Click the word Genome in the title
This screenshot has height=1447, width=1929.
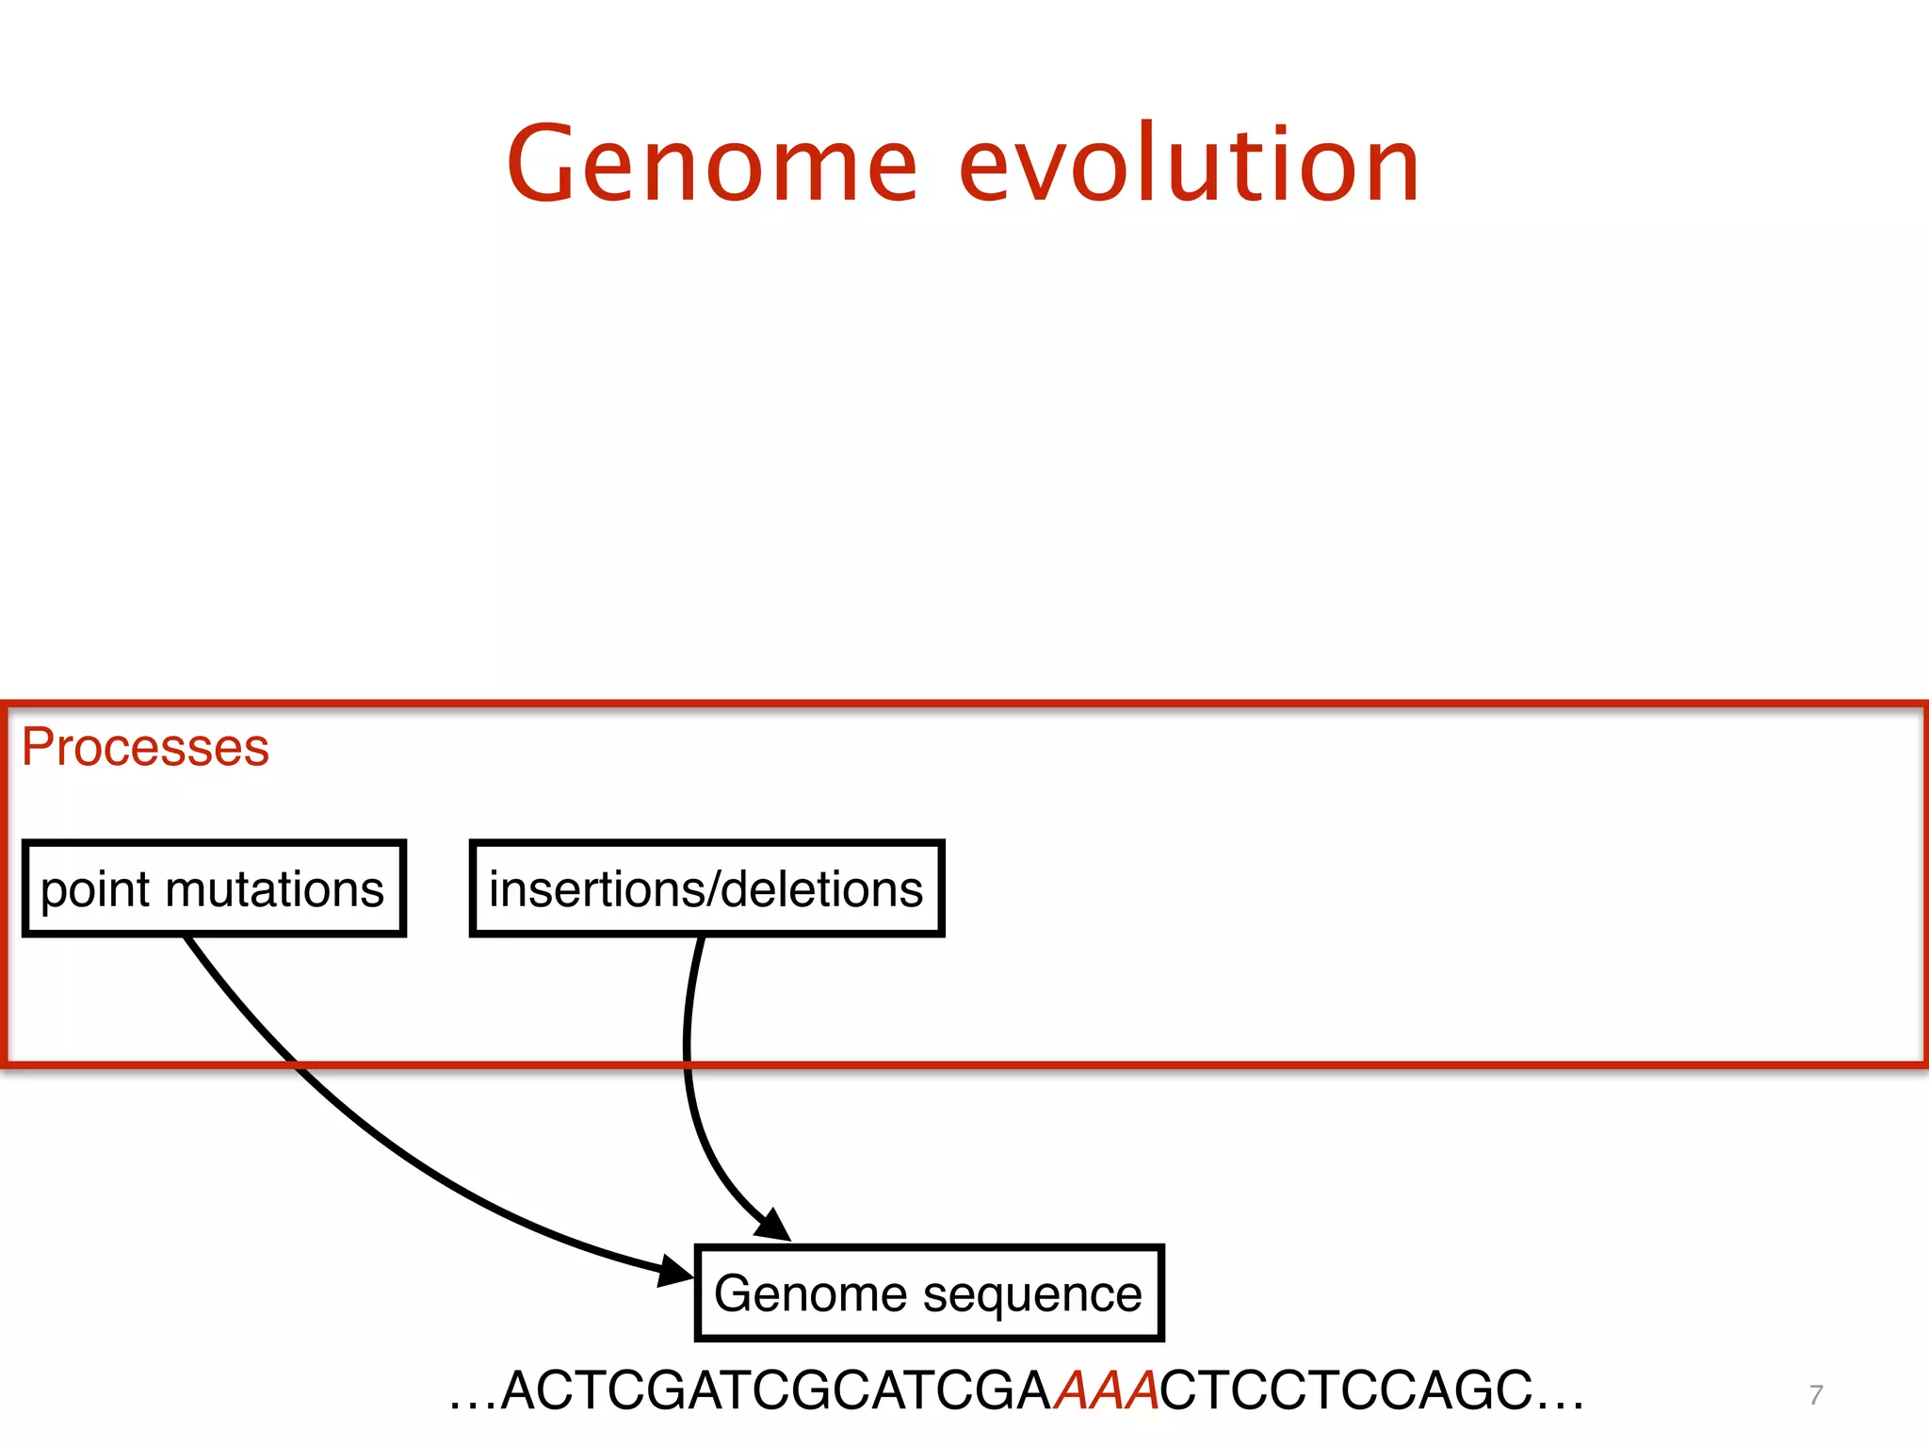tap(711, 165)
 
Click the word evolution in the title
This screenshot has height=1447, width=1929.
tap(1189, 165)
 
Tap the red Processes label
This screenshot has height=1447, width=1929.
tap(145, 747)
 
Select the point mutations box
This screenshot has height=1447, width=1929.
tap(214, 888)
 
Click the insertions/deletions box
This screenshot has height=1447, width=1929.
tap(706, 888)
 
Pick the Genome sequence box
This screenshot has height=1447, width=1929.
tap(929, 1293)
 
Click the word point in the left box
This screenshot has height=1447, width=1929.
tap(95, 890)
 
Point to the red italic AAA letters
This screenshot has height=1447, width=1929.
tap(1106, 1390)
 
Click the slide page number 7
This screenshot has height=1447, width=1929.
tap(1816, 1394)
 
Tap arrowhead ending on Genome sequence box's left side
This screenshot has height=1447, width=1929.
tap(676, 1271)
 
